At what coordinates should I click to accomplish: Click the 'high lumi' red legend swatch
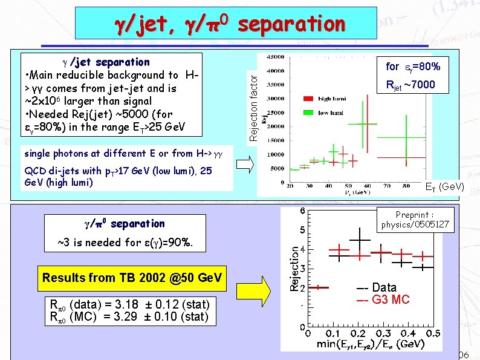coord(309,98)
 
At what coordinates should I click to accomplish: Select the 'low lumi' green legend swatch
coord(309,112)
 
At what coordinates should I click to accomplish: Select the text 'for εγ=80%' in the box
coord(413,67)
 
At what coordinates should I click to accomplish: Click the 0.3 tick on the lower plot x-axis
coord(383,333)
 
